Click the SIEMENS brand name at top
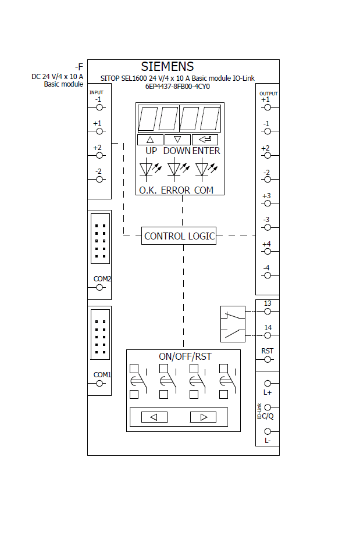coord(167,67)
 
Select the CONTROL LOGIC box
coord(179,236)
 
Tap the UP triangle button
coord(151,140)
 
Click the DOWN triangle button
coord(177,140)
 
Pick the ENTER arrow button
coord(205,140)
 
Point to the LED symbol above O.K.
coord(147,169)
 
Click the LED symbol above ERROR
coord(175,169)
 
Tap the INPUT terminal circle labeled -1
coord(99,107)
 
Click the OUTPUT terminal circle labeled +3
coord(268,203)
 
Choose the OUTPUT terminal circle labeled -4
coord(268,276)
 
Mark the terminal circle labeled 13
coord(268,311)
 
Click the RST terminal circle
coord(268,359)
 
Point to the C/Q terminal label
coord(268,416)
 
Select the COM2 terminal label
coord(102,278)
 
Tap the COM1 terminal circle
coord(99,383)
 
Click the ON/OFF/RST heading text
coord(185,356)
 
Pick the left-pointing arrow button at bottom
coord(154,417)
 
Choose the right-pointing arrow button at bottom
coord(203,417)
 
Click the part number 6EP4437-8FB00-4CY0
coord(177,87)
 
